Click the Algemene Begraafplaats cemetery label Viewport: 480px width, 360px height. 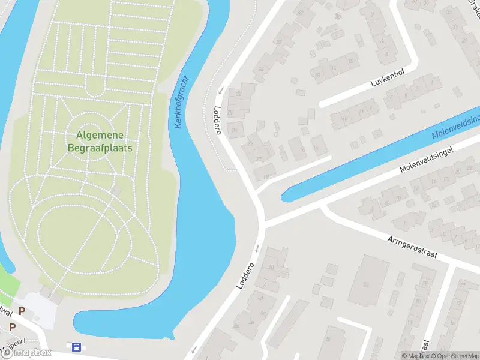point(100,141)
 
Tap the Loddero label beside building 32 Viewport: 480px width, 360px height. point(218,120)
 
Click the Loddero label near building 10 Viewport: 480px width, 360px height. point(246,275)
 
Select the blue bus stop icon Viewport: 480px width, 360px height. point(76,347)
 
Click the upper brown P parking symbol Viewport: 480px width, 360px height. point(22,311)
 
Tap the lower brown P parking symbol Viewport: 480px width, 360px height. point(11,327)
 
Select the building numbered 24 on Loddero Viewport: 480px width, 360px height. point(235,130)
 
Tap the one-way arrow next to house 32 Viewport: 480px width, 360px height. point(220,91)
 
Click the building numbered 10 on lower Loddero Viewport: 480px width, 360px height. point(271,267)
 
